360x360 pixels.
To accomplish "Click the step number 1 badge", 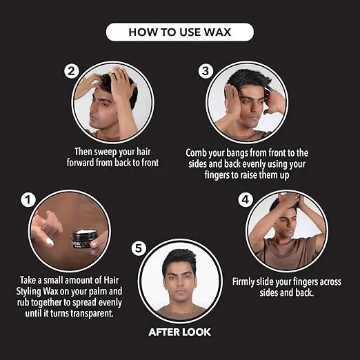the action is click(28, 200).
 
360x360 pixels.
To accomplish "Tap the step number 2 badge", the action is click(72, 71).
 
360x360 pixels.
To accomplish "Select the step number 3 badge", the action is click(206, 71).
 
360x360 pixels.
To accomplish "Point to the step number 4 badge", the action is click(246, 199).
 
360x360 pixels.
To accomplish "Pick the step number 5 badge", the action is click(139, 248).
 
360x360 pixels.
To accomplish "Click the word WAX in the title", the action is click(217, 32).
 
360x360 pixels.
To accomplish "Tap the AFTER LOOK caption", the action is click(179, 332).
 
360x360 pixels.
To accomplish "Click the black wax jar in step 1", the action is click(84, 239).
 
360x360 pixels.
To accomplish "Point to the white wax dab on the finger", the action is click(50, 242).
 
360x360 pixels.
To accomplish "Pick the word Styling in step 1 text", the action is click(29, 292).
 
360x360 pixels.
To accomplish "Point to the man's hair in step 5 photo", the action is click(179, 261).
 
